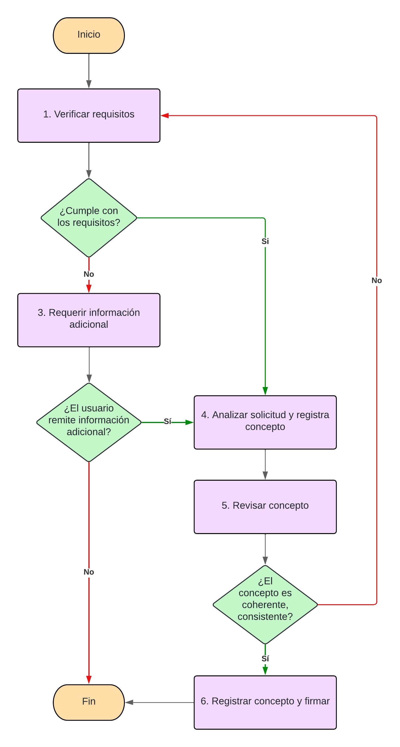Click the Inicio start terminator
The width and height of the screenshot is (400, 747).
coord(89,35)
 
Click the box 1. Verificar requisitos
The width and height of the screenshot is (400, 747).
coord(89,115)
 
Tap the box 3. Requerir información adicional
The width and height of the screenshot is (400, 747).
coord(89,320)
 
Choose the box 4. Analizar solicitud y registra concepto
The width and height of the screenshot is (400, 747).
coord(265,422)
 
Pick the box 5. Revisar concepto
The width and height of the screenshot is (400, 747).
coord(265,507)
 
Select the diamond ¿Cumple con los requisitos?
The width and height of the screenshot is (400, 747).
coord(89,217)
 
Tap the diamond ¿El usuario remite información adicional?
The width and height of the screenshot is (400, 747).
coord(89,422)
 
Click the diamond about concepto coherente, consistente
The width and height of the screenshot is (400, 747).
coord(265,605)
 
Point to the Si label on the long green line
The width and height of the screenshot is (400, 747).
coord(265,241)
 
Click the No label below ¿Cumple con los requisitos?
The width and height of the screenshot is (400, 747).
coord(89,274)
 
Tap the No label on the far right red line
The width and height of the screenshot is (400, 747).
coord(377,280)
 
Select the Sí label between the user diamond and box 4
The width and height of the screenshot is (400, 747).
coord(167,421)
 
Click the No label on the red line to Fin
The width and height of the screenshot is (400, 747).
coord(89,572)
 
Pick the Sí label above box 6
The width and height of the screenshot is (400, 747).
coord(265,659)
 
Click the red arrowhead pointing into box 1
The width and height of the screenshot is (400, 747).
coord(165,116)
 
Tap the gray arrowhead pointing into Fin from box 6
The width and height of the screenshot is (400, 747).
coord(129,702)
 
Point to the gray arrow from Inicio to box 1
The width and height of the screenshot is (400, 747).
coord(89,71)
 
